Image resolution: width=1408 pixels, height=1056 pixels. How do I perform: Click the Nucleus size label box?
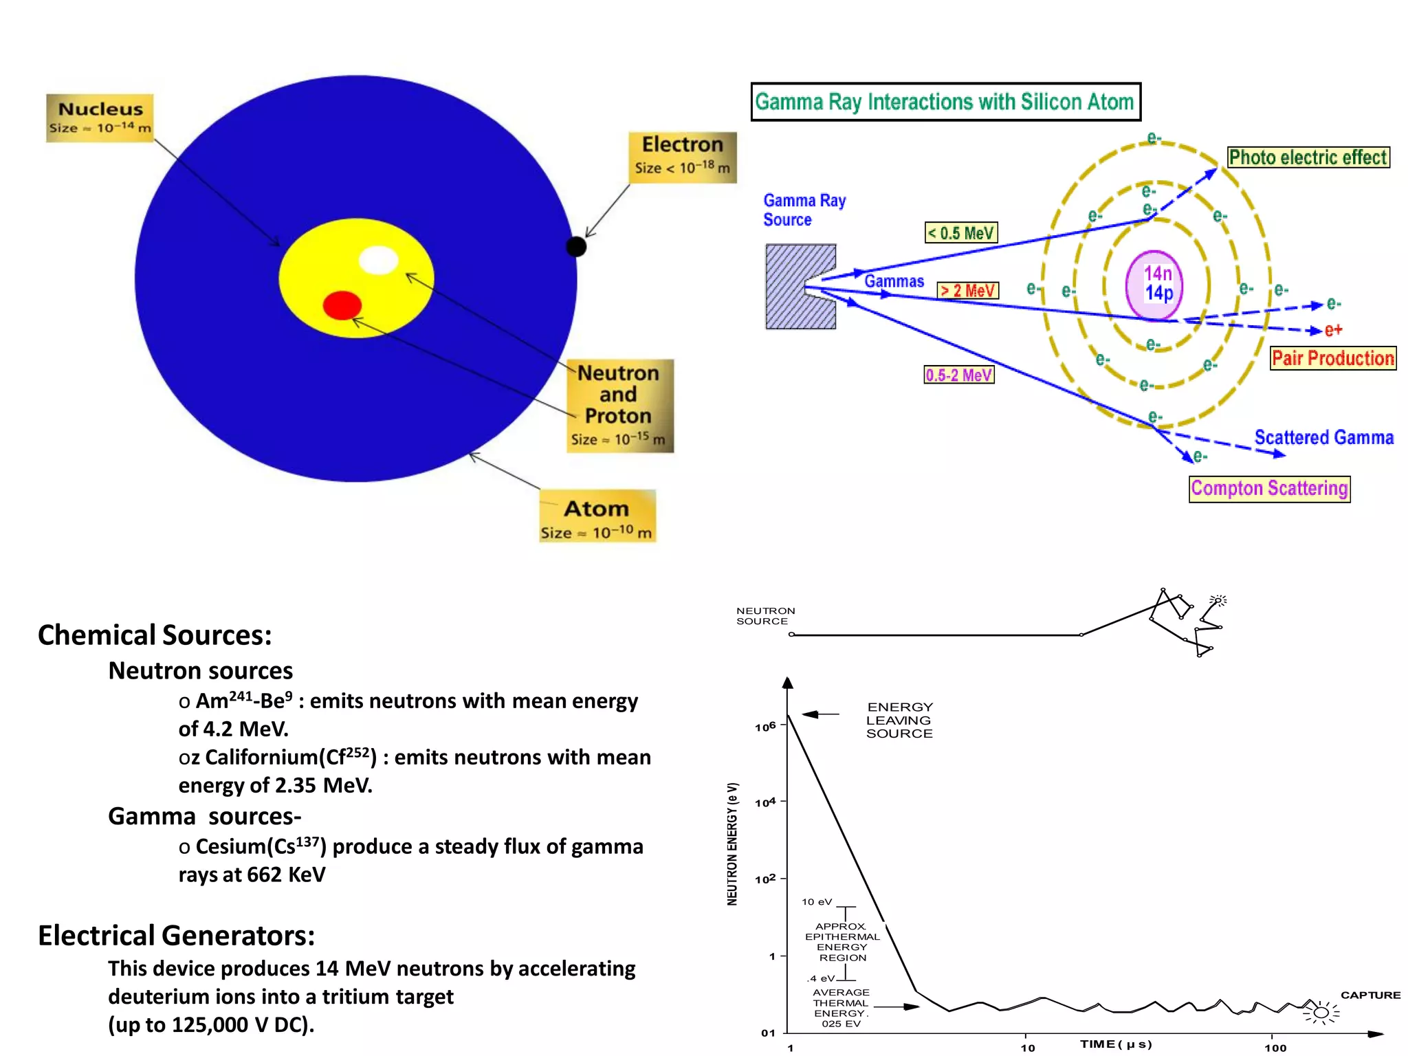100,118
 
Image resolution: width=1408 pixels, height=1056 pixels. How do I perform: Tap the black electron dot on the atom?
576,246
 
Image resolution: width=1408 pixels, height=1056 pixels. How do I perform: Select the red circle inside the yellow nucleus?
342,305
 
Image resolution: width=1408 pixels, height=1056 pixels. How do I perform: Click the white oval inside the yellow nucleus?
379,260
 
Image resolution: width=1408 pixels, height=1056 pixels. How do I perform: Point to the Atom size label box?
597,516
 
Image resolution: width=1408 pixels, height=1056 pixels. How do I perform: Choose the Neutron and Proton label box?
619,406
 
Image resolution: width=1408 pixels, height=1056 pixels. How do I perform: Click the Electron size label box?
682,157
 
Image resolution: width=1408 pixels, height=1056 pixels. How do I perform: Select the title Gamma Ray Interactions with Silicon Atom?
945,102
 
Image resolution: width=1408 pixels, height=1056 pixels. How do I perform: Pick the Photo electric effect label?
1308,157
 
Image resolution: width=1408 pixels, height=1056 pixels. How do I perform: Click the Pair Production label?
1333,358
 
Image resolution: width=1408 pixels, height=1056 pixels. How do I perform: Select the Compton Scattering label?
1269,489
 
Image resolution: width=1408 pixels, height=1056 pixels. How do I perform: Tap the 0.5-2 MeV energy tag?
959,375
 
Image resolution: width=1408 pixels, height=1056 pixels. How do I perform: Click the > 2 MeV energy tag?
968,291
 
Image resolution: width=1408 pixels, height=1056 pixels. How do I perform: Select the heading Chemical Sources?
155,635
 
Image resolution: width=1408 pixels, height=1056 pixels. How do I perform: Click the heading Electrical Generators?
177,936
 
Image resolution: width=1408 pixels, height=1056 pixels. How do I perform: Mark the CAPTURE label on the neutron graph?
1370,995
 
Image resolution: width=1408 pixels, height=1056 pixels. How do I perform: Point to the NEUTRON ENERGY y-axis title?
733,844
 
